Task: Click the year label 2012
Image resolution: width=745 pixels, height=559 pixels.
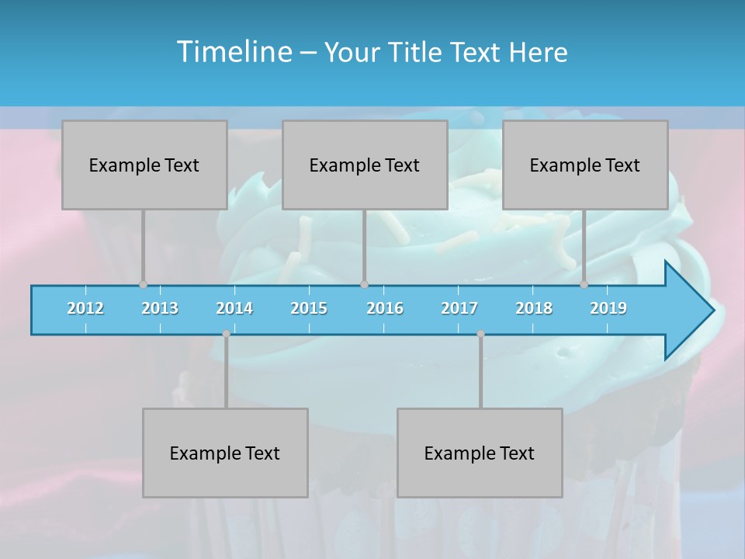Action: click(x=85, y=308)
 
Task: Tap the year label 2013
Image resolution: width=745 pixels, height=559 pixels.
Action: click(x=160, y=308)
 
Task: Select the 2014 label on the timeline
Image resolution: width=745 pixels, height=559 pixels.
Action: click(x=234, y=308)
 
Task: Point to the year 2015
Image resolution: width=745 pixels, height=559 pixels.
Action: click(x=309, y=308)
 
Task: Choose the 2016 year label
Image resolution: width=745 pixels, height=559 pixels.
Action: click(x=385, y=308)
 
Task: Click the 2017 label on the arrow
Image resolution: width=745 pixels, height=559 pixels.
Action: click(x=459, y=308)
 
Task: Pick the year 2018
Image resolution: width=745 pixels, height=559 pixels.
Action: click(x=534, y=308)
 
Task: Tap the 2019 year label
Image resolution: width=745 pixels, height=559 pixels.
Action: click(x=608, y=308)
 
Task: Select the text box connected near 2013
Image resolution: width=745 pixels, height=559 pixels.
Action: click(x=144, y=165)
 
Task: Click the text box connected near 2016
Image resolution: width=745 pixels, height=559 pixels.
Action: click(x=365, y=165)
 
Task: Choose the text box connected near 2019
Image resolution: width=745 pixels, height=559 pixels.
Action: click(x=585, y=165)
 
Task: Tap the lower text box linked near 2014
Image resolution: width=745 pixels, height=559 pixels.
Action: click(x=225, y=453)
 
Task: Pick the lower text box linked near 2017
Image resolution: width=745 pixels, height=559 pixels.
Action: click(x=480, y=453)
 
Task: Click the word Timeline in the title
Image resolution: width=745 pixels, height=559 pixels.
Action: click(x=233, y=51)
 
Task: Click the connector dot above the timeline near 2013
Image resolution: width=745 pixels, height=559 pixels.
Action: click(x=143, y=284)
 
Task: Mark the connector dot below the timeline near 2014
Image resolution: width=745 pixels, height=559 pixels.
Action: click(x=226, y=334)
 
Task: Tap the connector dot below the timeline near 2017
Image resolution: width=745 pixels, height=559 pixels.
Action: click(x=480, y=334)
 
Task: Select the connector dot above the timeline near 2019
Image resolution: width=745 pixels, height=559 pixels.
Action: click(x=584, y=284)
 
